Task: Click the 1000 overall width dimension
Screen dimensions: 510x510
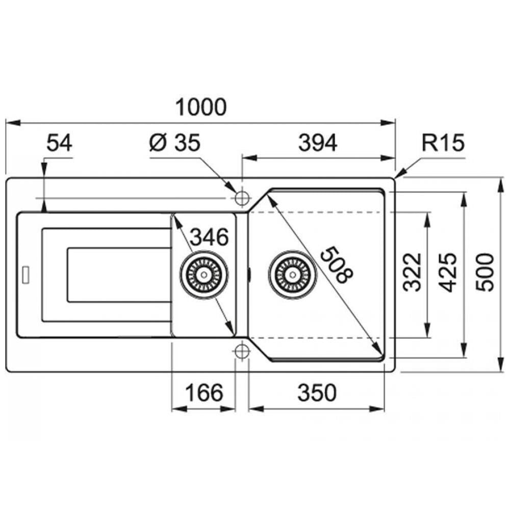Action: pos(200,107)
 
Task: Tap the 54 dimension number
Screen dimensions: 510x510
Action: pos(59,143)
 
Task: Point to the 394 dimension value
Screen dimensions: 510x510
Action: pos(318,143)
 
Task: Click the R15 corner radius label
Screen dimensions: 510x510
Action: pos(443,143)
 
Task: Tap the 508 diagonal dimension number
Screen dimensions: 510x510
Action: pos(336,265)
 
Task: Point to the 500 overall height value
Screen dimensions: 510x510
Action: pos(484,272)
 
